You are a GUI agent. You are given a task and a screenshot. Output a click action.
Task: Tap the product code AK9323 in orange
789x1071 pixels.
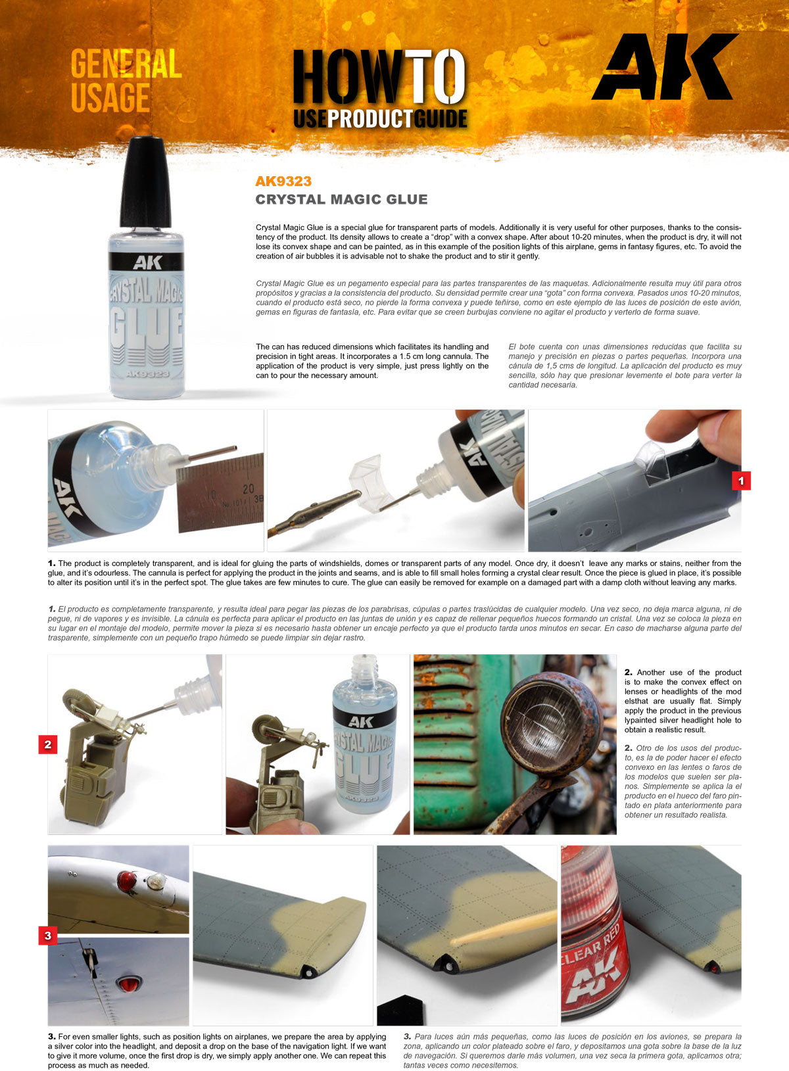(283, 181)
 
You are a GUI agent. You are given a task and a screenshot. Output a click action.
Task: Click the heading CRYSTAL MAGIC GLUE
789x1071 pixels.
(341, 199)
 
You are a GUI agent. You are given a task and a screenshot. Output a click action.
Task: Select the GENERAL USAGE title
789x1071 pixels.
(125, 81)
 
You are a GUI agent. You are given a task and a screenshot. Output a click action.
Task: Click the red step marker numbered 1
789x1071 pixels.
(741, 481)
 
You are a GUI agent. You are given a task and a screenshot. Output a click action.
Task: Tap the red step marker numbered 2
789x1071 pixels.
(47, 745)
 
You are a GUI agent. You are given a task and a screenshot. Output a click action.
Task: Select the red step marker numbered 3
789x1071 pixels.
(47, 935)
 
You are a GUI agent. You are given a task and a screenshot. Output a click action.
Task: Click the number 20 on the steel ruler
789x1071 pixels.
(248, 489)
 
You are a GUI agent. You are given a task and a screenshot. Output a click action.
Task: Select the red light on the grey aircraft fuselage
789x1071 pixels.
(126, 984)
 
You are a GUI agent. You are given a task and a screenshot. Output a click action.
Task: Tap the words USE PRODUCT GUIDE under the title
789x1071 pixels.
(380, 118)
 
